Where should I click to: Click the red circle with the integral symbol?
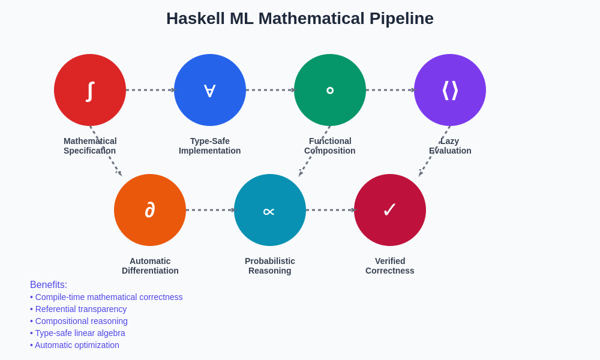[90, 90]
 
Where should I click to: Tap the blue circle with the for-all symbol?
[210, 90]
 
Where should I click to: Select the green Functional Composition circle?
[330, 90]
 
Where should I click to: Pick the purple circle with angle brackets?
[450, 90]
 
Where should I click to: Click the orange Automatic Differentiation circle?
[150, 210]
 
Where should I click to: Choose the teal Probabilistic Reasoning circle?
[270, 210]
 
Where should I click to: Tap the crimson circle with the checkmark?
[390, 210]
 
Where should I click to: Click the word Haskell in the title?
[195, 19]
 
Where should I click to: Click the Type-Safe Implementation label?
[210, 146]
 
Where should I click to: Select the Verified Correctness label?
[390, 266]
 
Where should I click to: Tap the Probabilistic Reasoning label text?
[270, 266]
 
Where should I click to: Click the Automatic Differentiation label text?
[150, 266]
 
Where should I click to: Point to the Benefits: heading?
[49, 285]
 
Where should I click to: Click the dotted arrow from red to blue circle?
[150, 90]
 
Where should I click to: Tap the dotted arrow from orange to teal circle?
[210, 210]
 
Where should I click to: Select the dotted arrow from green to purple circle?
[390, 90]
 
